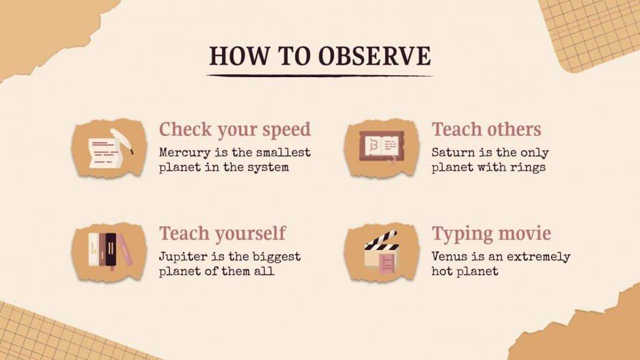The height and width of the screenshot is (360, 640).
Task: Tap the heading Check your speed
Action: [x=235, y=129]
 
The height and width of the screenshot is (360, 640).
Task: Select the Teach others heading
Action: [x=486, y=129]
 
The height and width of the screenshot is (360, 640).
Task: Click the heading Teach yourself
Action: [x=222, y=234]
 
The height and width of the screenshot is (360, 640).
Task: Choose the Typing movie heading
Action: [x=491, y=234]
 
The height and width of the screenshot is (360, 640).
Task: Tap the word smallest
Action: [x=281, y=152]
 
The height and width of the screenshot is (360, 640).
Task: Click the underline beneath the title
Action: [x=320, y=74]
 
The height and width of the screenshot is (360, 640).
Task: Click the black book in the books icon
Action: [x=111, y=249]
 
